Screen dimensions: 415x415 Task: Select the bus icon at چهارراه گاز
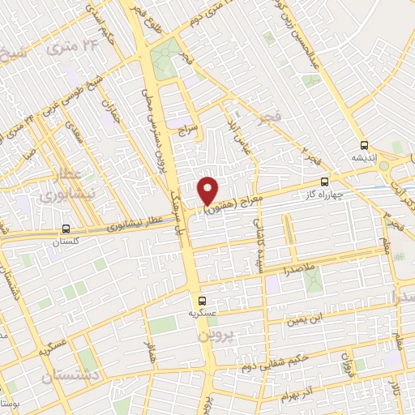pyautogui.click(x=325, y=182)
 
